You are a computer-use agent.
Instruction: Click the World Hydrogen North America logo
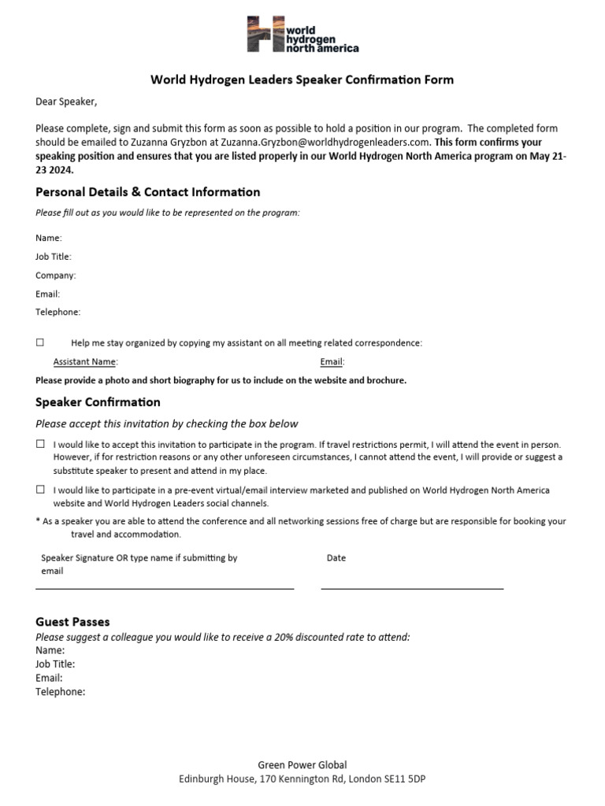pyautogui.click(x=302, y=35)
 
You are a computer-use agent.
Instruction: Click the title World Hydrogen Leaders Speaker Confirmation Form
pyautogui.click(x=302, y=79)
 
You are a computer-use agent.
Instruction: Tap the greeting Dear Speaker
pyautogui.click(x=66, y=102)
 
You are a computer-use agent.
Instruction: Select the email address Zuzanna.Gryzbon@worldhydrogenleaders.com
pyautogui.click(x=325, y=142)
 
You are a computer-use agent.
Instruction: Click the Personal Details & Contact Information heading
pyautogui.click(x=147, y=192)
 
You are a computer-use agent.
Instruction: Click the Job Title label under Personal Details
pyautogui.click(x=53, y=257)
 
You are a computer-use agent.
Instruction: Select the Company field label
pyautogui.click(x=55, y=275)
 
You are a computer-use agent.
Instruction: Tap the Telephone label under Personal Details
pyautogui.click(x=58, y=312)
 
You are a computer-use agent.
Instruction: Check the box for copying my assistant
pyautogui.click(x=40, y=342)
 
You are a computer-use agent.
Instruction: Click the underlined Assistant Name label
pyautogui.click(x=84, y=362)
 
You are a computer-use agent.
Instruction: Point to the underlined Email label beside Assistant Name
pyautogui.click(x=331, y=362)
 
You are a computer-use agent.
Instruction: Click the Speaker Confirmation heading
pyautogui.click(x=98, y=402)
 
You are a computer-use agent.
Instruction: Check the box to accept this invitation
pyautogui.click(x=40, y=444)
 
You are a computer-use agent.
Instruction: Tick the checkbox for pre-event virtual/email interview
pyautogui.click(x=40, y=490)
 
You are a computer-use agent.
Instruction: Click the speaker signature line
pyautogui.click(x=165, y=587)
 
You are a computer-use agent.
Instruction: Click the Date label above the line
pyautogui.click(x=336, y=558)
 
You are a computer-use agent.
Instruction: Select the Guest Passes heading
pyautogui.click(x=72, y=622)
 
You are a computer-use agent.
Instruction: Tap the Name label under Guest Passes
pyautogui.click(x=50, y=650)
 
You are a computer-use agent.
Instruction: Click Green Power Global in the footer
pyautogui.click(x=302, y=764)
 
